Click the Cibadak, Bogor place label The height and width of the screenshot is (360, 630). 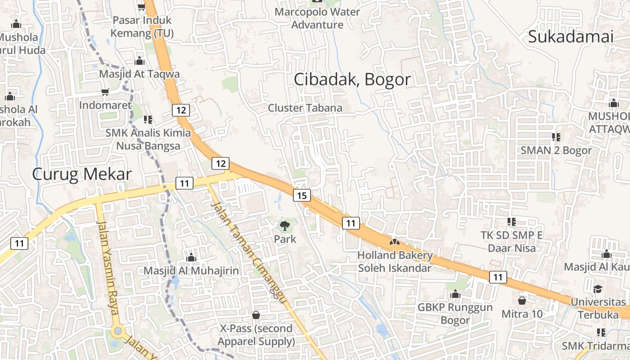tap(352, 80)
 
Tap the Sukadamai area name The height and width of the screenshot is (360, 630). tap(571, 36)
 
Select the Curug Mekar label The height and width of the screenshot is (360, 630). tap(82, 174)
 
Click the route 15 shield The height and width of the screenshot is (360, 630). tap(301, 195)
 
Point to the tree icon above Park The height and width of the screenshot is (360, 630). tap(284, 225)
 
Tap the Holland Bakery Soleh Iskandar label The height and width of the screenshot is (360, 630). tap(395, 261)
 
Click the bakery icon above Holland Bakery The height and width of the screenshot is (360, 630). tap(395, 243)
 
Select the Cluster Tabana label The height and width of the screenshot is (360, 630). tap(305, 108)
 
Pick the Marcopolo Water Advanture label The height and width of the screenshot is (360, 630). tap(317, 18)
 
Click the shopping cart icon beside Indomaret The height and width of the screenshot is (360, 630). tap(105, 92)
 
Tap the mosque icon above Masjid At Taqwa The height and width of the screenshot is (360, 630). tap(139, 61)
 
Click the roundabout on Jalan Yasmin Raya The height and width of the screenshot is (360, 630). tap(118, 331)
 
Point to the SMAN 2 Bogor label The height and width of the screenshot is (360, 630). tap(556, 150)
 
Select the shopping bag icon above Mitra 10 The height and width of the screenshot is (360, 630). tap(522, 300)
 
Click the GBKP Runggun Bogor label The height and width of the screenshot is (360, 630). tap(455, 314)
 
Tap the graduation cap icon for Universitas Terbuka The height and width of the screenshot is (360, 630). tap(598, 288)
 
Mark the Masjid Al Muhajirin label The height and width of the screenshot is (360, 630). tap(191, 271)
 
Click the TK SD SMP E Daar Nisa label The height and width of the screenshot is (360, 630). tap(512, 242)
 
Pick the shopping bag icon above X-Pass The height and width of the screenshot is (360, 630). tap(256, 315)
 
